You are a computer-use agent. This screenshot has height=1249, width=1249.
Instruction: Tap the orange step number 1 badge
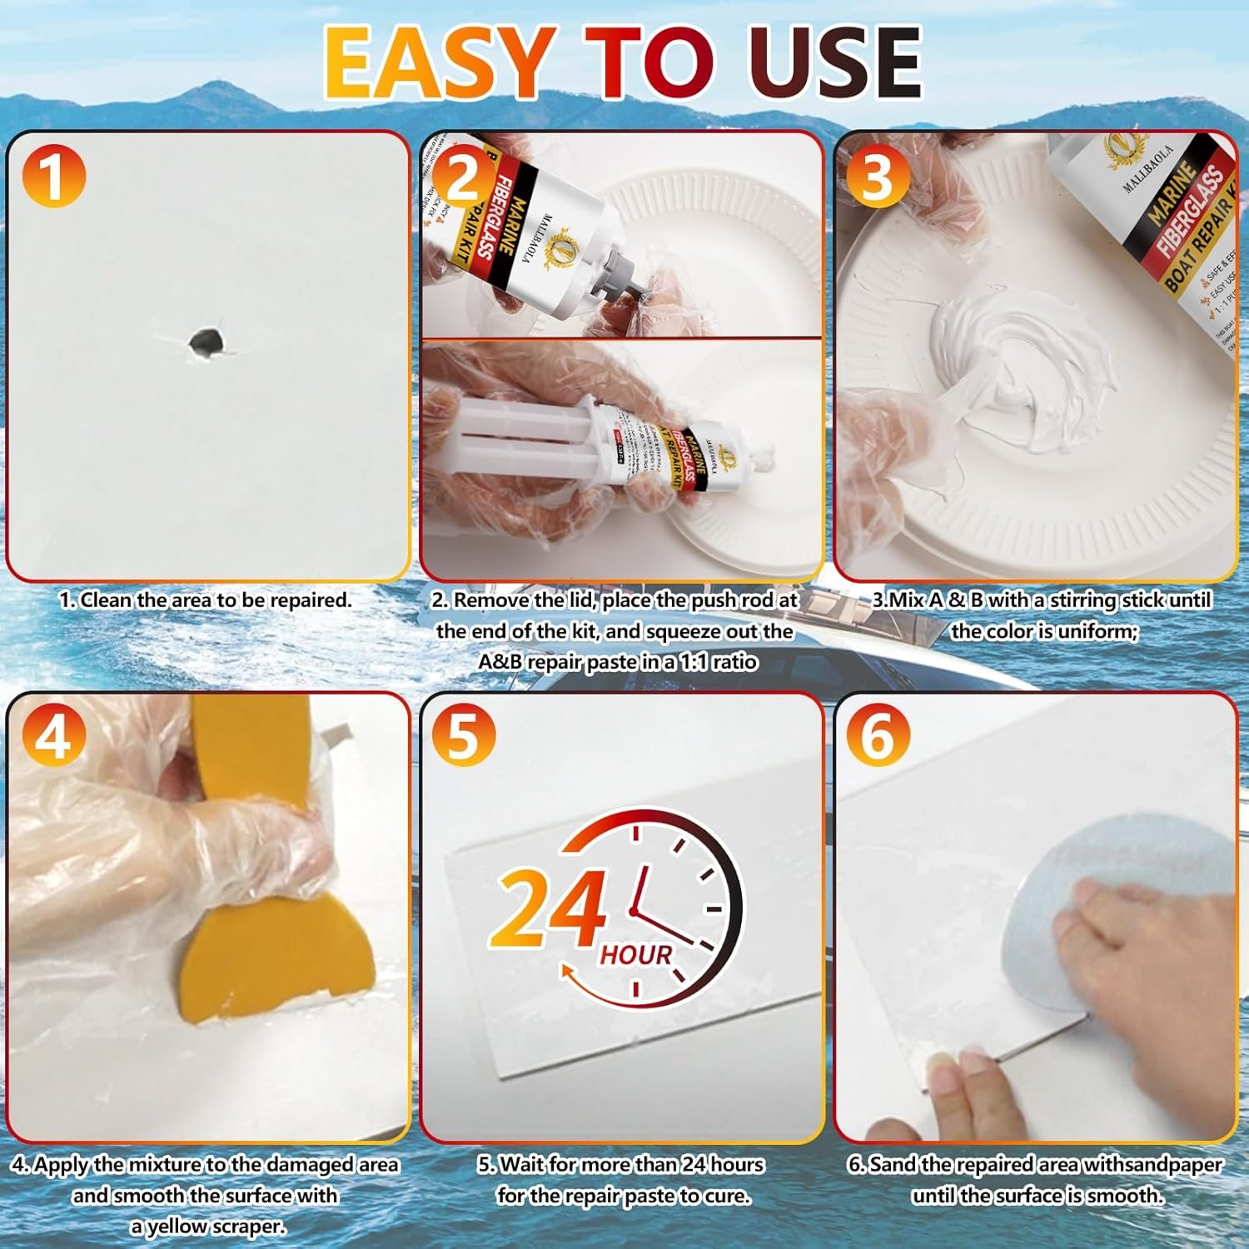click(x=53, y=176)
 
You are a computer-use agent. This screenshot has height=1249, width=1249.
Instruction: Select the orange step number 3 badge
click(x=877, y=176)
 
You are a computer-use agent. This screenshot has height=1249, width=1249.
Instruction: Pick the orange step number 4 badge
click(x=53, y=736)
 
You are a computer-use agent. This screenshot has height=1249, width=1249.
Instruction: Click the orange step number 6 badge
click(x=877, y=736)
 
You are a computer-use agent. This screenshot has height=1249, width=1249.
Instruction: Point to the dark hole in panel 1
click(x=205, y=341)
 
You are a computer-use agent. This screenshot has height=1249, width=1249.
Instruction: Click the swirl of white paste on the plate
click(x=1024, y=366)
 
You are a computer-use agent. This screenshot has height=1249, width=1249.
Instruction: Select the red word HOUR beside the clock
click(x=635, y=955)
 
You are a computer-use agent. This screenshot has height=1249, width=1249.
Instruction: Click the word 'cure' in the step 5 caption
click(x=728, y=1196)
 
